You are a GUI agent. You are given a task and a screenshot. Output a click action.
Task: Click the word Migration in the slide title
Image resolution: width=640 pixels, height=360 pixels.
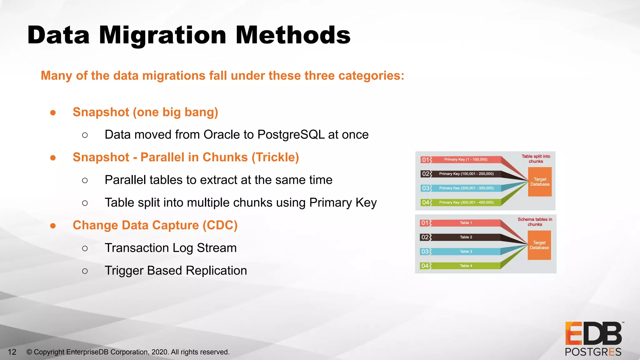click(x=162, y=35)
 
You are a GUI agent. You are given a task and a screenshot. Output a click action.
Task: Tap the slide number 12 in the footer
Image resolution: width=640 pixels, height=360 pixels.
click(x=12, y=352)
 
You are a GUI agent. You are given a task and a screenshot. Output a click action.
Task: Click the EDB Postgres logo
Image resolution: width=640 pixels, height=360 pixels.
click(x=593, y=339)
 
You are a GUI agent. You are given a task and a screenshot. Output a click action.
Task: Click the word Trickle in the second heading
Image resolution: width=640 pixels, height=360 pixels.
click(x=275, y=157)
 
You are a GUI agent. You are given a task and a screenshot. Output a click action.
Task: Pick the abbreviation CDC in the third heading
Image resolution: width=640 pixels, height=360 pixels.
click(x=220, y=225)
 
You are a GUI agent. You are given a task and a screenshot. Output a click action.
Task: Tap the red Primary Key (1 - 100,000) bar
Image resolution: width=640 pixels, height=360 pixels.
click(x=466, y=159)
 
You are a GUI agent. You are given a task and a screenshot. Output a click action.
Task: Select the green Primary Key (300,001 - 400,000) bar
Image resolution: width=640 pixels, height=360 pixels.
click(x=466, y=202)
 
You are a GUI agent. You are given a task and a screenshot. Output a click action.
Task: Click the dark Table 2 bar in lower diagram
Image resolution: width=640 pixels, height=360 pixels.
click(x=466, y=237)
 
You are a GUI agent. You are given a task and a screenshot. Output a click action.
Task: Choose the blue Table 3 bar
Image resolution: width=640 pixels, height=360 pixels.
click(x=466, y=252)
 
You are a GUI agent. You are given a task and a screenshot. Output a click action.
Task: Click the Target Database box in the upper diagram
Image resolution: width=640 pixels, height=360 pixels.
click(x=540, y=182)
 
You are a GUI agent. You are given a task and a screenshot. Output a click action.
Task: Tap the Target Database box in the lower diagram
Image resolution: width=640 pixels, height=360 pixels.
click(x=539, y=245)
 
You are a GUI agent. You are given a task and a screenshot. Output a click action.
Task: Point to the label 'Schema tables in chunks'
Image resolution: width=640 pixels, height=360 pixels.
click(x=535, y=222)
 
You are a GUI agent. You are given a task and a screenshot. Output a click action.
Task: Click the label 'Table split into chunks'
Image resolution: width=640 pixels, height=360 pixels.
click(x=536, y=159)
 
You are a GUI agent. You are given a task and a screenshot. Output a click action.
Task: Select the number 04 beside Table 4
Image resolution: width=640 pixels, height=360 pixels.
click(x=425, y=266)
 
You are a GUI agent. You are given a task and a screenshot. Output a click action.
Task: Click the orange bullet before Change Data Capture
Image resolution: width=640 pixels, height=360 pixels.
click(x=53, y=226)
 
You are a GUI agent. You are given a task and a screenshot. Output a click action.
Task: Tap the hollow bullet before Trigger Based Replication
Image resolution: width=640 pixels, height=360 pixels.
click(x=85, y=271)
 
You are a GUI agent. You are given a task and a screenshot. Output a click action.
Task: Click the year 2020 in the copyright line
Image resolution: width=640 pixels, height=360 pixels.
click(x=159, y=352)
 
